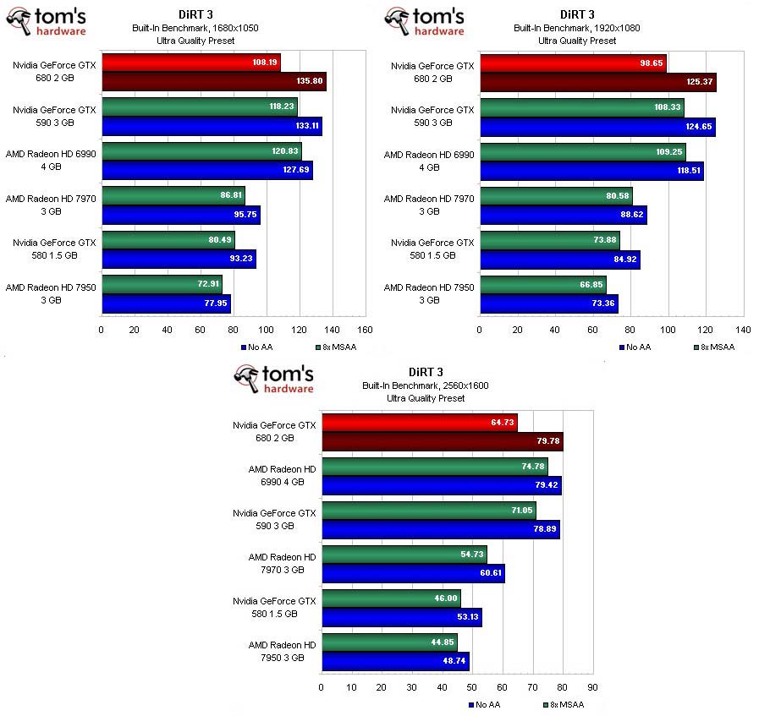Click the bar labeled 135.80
pyautogui.click(x=213, y=82)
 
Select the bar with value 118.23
pyautogui.click(x=199, y=107)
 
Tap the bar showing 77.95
pyautogui.click(x=166, y=303)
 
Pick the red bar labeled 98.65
pyautogui.click(x=573, y=63)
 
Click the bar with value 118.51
pyautogui.click(x=591, y=171)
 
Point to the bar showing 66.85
pyautogui.click(x=543, y=285)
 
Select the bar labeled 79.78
pyautogui.click(x=442, y=441)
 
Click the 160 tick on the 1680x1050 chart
pyautogui.click(x=366, y=331)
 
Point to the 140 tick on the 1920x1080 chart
pyautogui.click(x=744, y=331)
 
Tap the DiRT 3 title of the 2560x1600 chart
pyautogui.click(x=425, y=372)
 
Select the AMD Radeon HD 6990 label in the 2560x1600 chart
pyautogui.click(x=282, y=475)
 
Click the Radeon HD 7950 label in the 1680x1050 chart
pyautogui.click(x=51, y=293)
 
